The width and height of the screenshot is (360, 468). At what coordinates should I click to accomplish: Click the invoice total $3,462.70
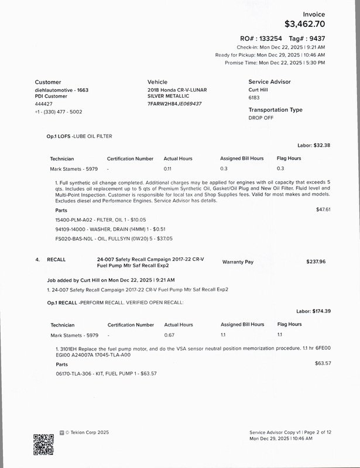pos(304,24)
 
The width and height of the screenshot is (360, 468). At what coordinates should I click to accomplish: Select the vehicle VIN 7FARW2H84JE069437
pos(174,104)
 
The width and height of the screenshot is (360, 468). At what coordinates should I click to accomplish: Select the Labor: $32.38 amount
pos(314,145)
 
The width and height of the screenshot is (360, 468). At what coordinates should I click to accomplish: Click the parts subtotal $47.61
pos(323,209)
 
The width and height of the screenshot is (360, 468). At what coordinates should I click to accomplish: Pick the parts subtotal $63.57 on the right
pos(323,363)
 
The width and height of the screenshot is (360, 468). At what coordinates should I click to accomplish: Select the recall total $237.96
pos(316,261)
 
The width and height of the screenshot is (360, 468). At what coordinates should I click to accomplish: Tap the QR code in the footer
pos(44,445)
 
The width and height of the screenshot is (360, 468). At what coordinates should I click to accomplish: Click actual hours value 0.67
pos(170,335)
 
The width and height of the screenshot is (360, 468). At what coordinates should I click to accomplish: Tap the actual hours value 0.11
pos(168,168)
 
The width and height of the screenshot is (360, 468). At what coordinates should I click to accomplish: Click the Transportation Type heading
pos(275,110)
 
